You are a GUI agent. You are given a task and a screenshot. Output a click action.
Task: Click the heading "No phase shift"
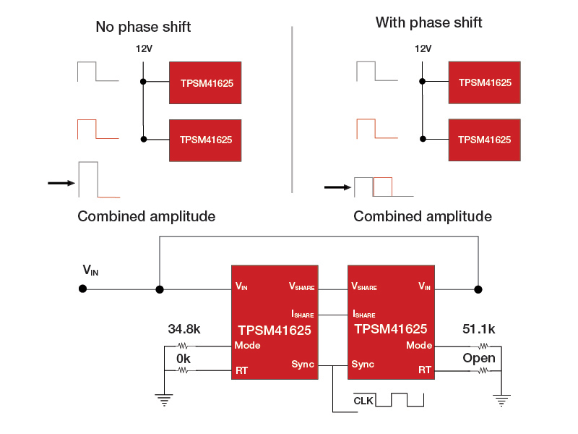point(143,27)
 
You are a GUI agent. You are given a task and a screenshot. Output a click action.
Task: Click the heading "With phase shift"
point(428,22)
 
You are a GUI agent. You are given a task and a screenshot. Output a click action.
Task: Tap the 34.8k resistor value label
point(184,330)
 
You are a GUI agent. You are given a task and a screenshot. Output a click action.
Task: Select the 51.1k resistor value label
point(478,330)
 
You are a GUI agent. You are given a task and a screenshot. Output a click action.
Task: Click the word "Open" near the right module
point(479,358)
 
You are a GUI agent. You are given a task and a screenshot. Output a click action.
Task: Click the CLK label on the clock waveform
point(363,400)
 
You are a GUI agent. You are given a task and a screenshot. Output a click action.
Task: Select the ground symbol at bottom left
point(165,399)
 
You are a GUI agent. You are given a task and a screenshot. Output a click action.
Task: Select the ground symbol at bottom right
point(501,398)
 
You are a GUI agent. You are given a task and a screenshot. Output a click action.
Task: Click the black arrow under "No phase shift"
point(61,183)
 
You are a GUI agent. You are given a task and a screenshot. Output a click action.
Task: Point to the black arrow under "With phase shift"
point(337,187)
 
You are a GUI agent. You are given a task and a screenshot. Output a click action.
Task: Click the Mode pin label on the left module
point(247,345)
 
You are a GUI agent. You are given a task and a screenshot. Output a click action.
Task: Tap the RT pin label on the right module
point(426,370)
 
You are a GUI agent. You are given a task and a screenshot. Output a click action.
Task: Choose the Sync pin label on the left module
point(303,364)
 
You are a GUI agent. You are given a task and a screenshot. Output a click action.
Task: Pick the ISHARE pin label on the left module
point(303,315)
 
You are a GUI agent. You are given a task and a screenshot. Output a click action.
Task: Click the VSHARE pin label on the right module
point(363,286)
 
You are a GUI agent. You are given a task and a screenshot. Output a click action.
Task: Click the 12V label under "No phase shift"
point(144,49)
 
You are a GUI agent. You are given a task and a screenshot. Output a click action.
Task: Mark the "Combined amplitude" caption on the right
point(423,216)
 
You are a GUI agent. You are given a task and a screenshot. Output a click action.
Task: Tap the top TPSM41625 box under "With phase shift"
point(484,82)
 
